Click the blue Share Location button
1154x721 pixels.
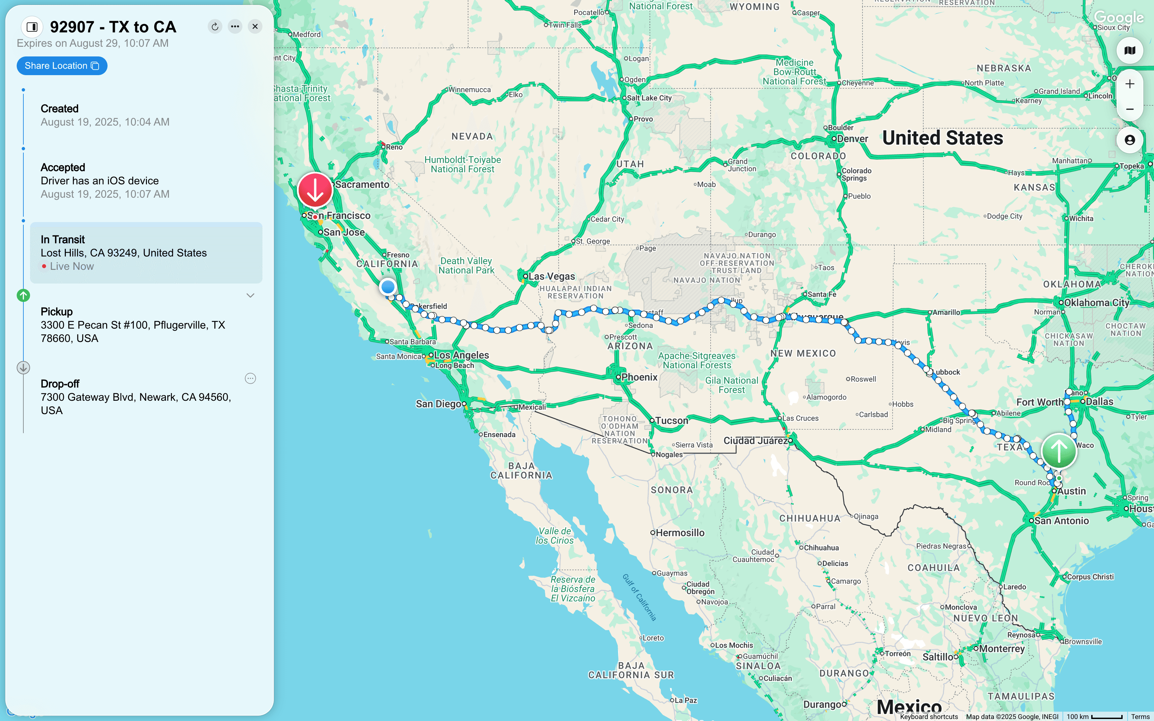point(61,66)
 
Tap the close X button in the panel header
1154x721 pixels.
point(255,27)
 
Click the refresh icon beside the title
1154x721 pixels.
point(215,27)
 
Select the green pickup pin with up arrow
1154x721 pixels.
point(1059,450)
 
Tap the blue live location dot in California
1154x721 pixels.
point(388,287)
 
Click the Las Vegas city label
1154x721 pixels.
point(552,276)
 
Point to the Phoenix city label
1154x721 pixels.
point(639,377)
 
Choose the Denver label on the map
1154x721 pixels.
point(852,139)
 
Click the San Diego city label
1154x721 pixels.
point(438,404)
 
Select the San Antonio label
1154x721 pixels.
point(1062,521)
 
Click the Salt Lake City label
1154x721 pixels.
point(649,98)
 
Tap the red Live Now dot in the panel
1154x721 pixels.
point(44,266)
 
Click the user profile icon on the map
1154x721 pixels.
point(1129,140)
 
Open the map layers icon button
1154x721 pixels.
point(1129,50)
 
